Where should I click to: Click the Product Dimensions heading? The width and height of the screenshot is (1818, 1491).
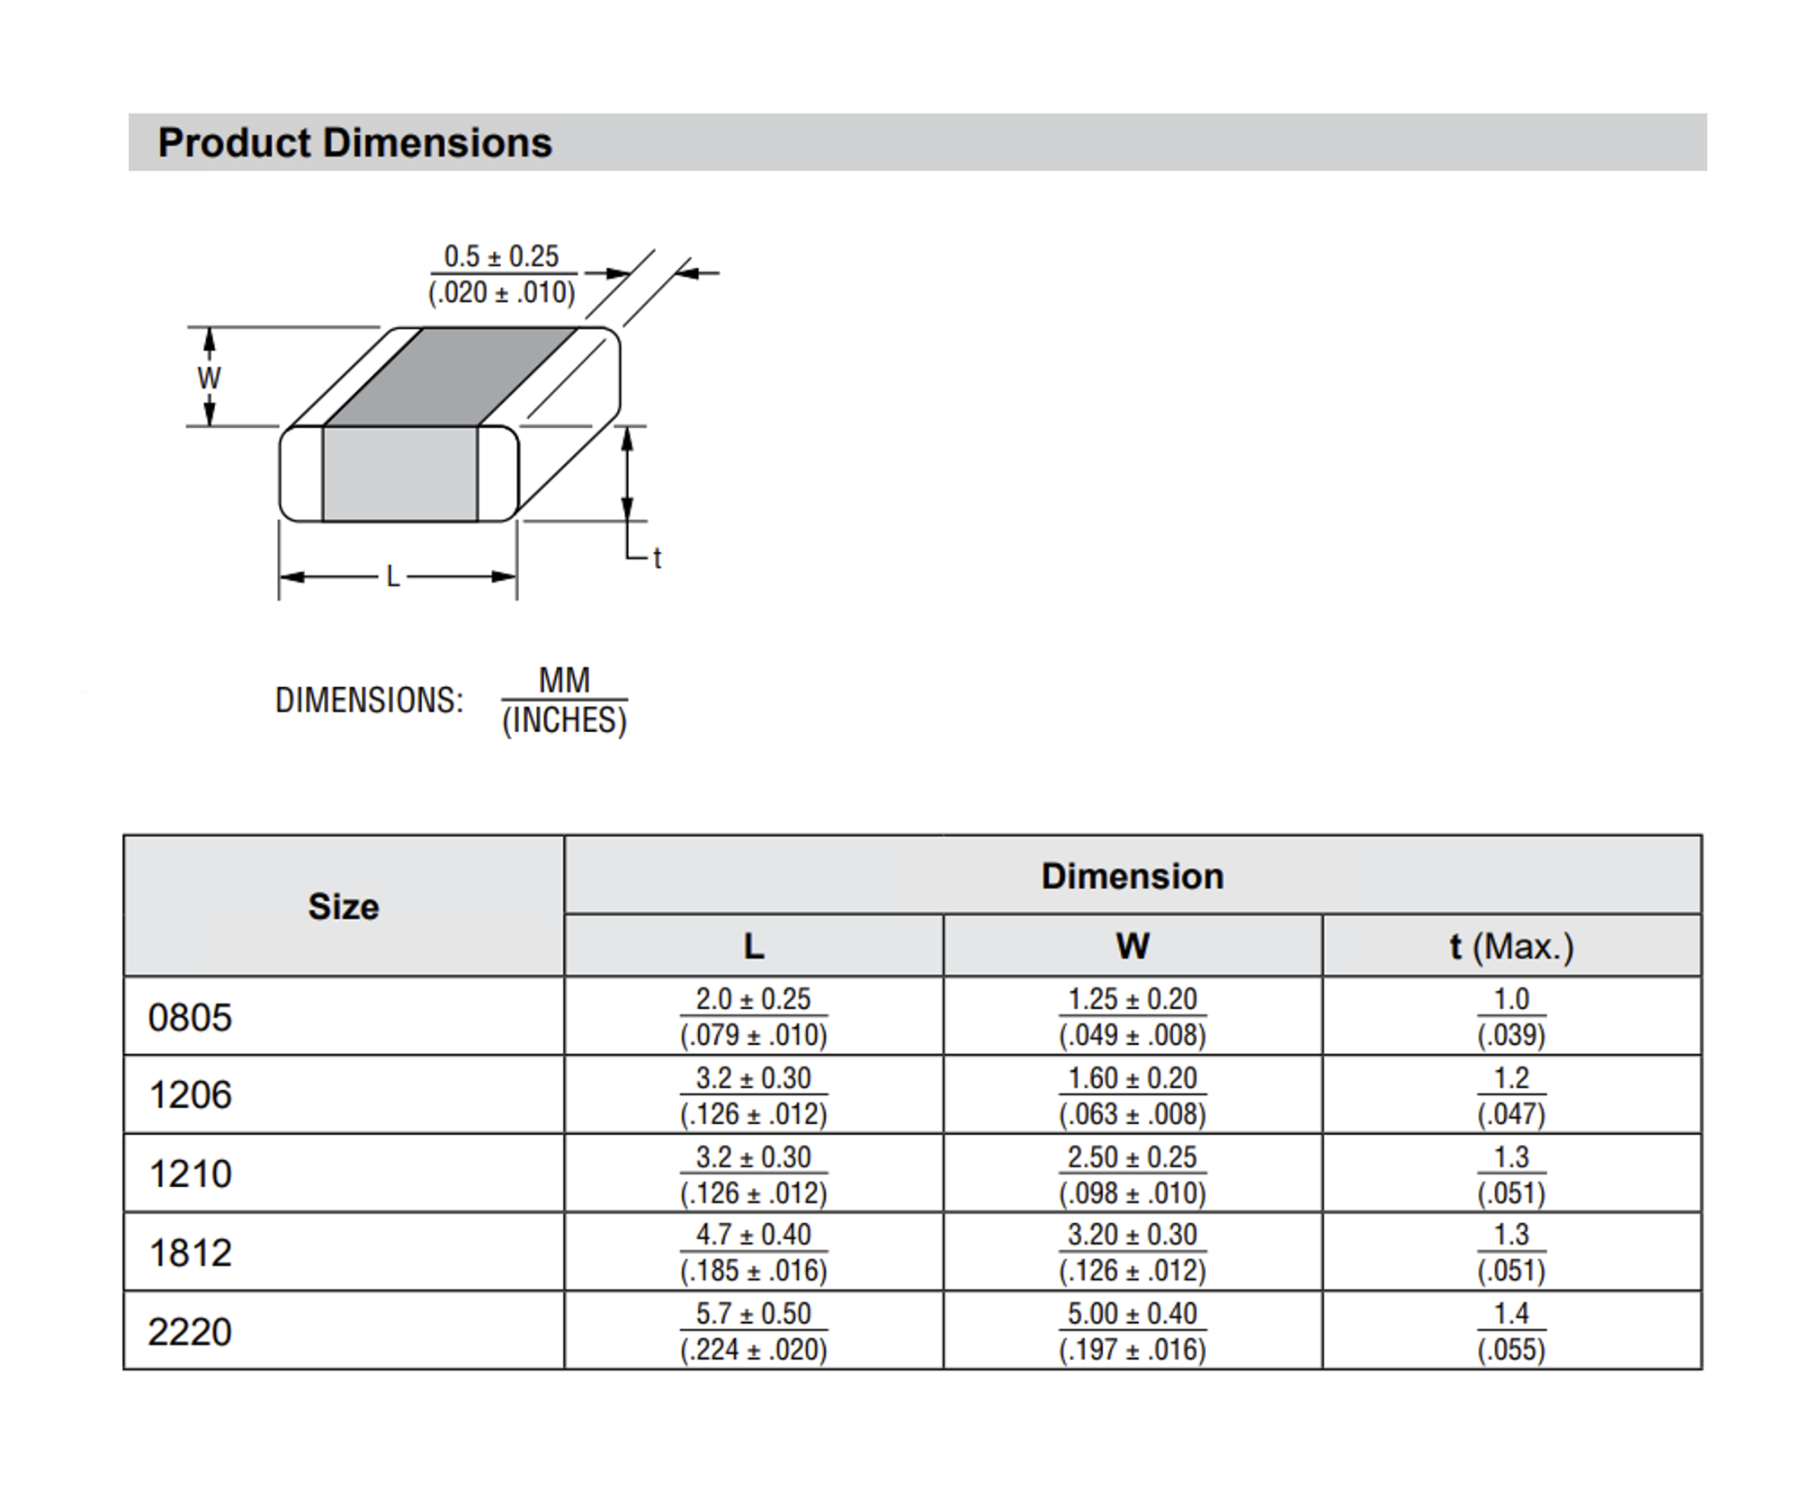[x=354, y=143]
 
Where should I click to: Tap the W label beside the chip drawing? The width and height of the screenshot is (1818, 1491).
[x=209, y=378]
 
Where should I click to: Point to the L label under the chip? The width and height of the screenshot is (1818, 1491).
[x=393, y=576]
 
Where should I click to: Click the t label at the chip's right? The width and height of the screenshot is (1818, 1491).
[x=658, y=558]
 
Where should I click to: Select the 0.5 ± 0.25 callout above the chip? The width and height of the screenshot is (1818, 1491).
[x=501, y=256]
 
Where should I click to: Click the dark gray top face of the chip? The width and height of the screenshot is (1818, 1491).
[x=450, y=376]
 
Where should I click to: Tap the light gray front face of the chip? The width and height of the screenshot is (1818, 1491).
[x=399, y=474]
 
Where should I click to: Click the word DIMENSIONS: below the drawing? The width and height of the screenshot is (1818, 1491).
[x=369, y=701]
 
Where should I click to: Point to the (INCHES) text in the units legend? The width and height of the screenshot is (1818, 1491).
[x=564, y=720]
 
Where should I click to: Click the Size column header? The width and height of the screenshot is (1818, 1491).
[x=344, y=906]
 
